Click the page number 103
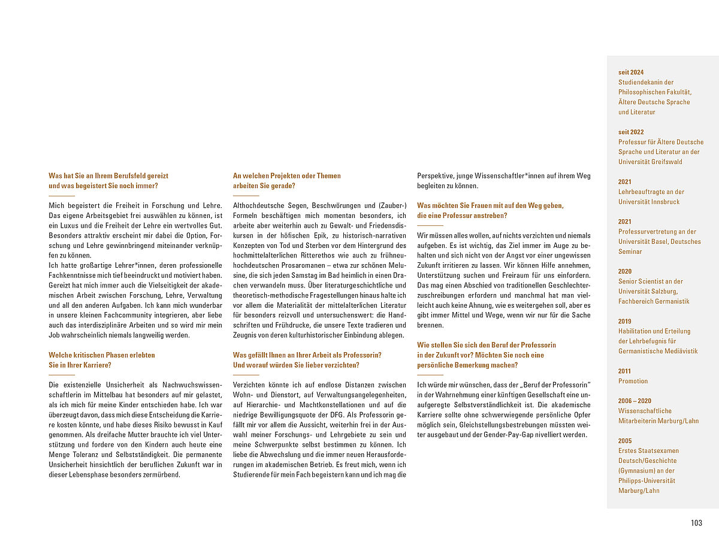(x=696, y=523)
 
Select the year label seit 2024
(x=631, y=72)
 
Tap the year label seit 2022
(x=631, y=132)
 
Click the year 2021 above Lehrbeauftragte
(x=624, y=181)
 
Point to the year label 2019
(x=624, y=321)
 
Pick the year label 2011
(x=624, y=371)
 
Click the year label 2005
(x=624, y=440)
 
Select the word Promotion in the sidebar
(x=633, y=381)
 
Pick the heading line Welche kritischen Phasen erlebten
(x=102, y=355)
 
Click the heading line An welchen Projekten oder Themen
(x=286, y=175)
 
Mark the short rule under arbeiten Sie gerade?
(x=246, y=196)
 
